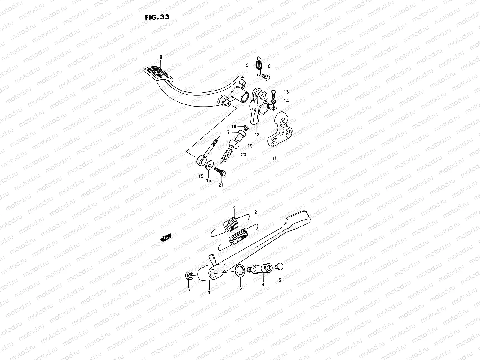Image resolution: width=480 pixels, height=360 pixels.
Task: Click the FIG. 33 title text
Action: pos(157,17)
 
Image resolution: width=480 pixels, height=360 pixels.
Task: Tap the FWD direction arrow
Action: pos(166,238)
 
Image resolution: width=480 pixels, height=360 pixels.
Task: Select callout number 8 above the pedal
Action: pos(161,57)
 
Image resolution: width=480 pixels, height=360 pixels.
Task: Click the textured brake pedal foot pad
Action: pos(158,73)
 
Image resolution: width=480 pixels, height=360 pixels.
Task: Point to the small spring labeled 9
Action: pos(259,65)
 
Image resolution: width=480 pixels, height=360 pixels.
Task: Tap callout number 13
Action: pos(286,92)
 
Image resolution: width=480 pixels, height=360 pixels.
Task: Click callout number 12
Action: pos(257,135)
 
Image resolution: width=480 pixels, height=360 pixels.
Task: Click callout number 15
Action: pos(201,176)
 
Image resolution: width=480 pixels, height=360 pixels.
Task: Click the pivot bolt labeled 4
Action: pos(261,268)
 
